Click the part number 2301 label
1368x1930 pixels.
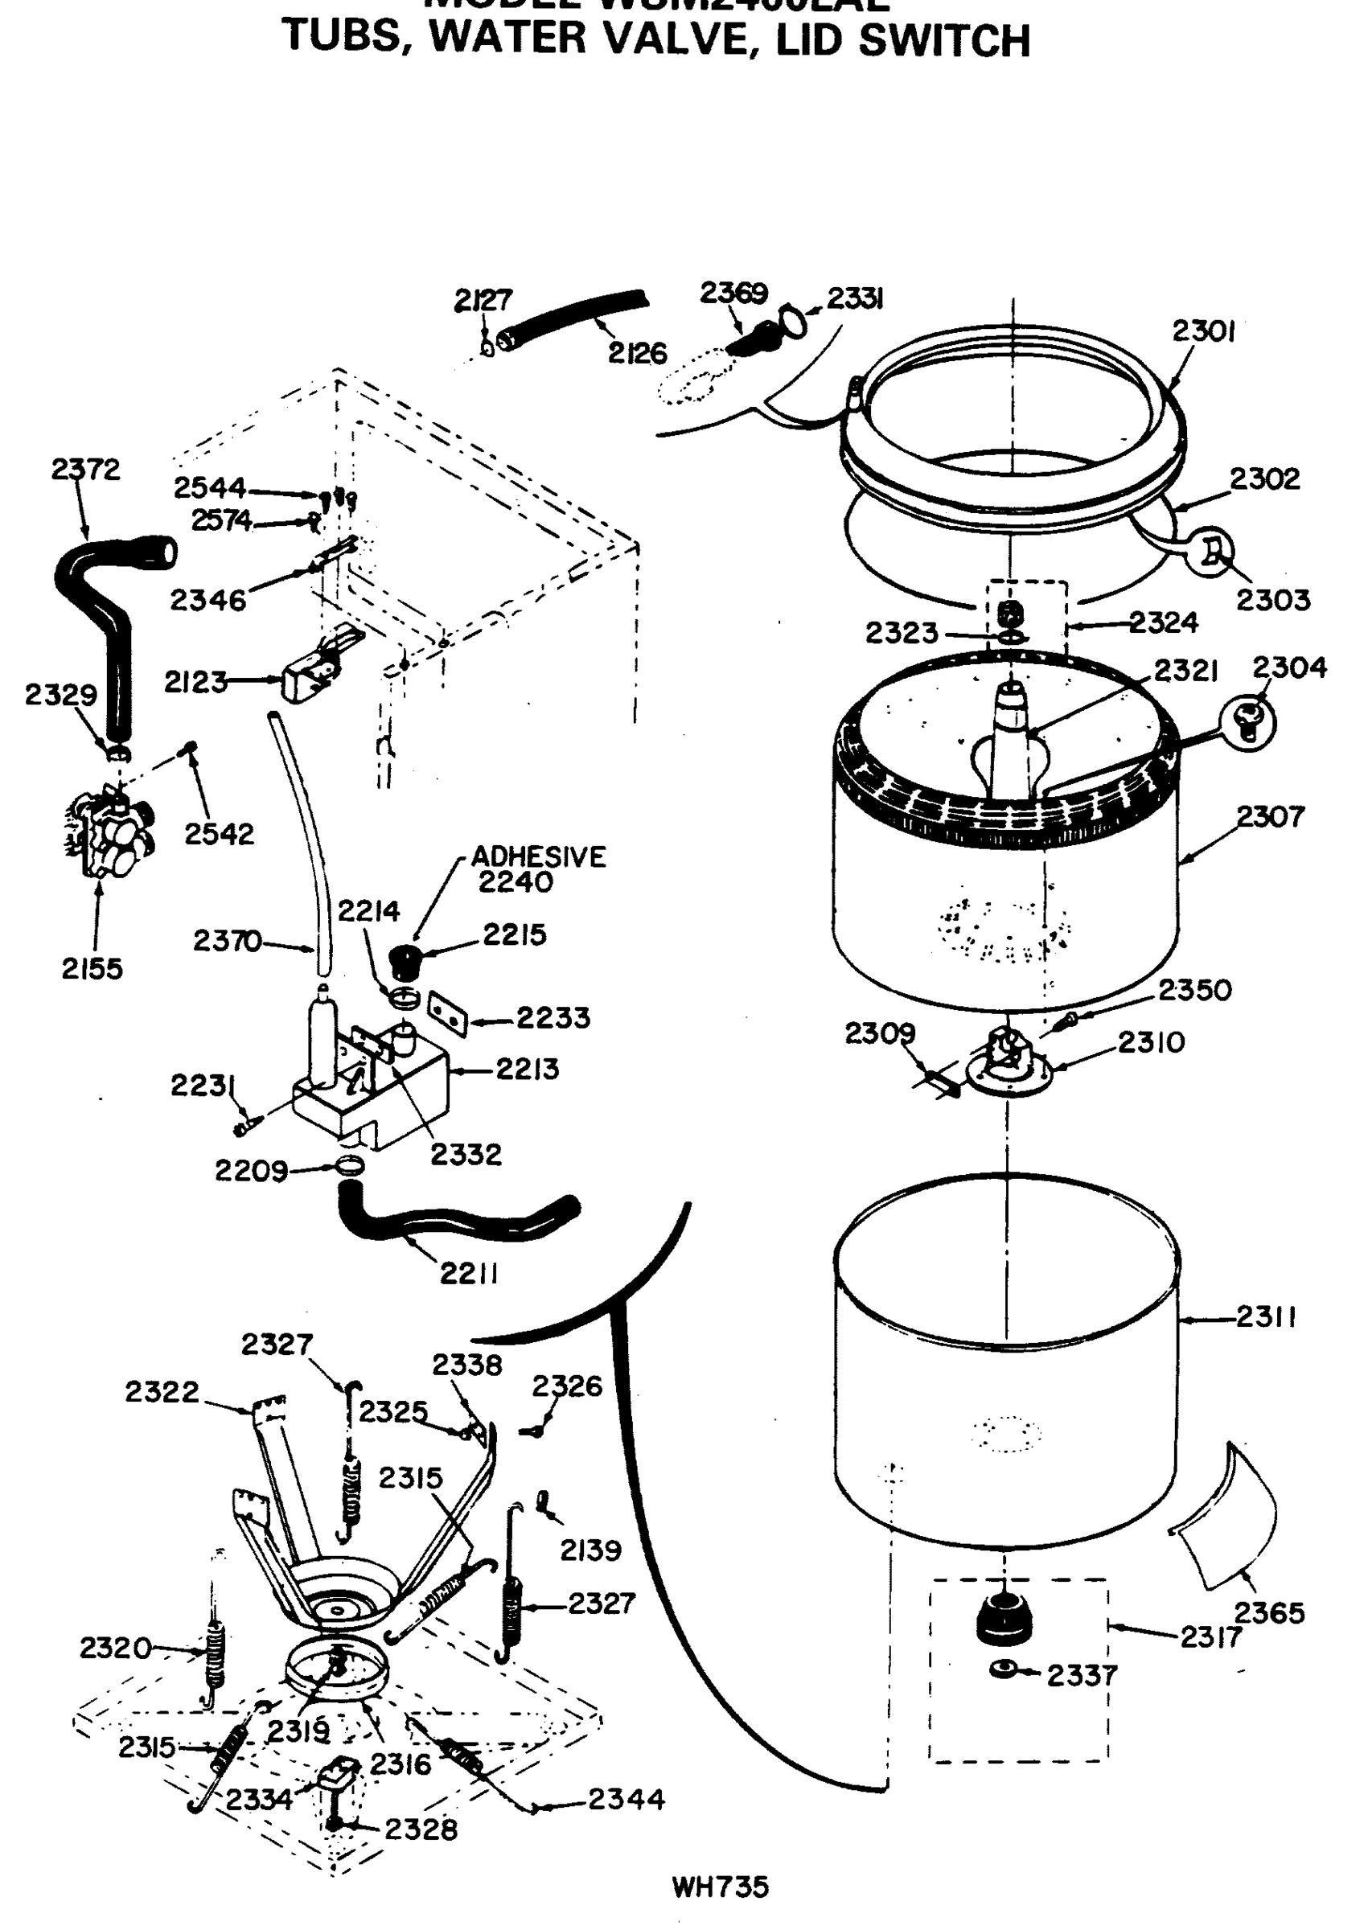1203,333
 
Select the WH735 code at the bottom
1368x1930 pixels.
721,1887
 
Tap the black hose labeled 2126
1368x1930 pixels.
573,316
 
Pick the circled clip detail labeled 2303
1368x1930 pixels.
1210,552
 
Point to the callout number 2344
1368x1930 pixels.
626,1800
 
